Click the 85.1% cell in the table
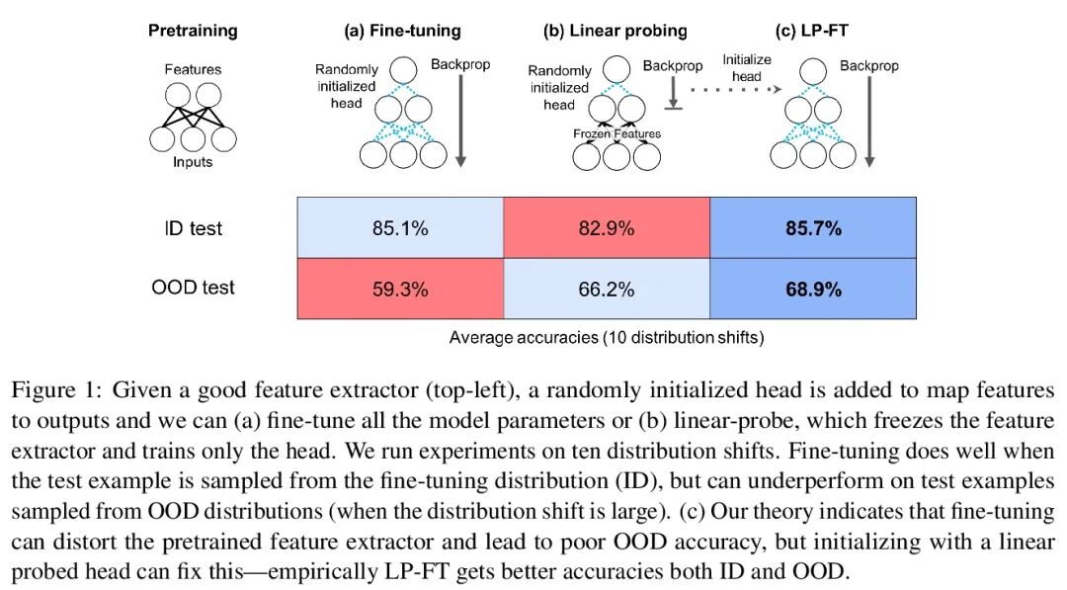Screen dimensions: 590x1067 point(401,228)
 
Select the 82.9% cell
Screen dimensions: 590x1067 point(607,228)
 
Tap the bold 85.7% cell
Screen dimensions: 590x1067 point(813,228)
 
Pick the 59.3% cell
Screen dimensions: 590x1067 point(401,289)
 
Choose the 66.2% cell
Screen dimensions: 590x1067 point(607,289)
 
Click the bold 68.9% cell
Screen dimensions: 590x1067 point(813,289)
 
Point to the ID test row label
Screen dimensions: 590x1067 point(193,228)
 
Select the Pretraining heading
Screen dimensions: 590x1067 point(193,31)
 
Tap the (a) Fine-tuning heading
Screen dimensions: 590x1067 point(402,31)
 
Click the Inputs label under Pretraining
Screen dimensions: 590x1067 point(192,162)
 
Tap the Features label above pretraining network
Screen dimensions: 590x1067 point(193,70)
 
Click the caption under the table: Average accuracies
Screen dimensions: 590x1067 point(606,337)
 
